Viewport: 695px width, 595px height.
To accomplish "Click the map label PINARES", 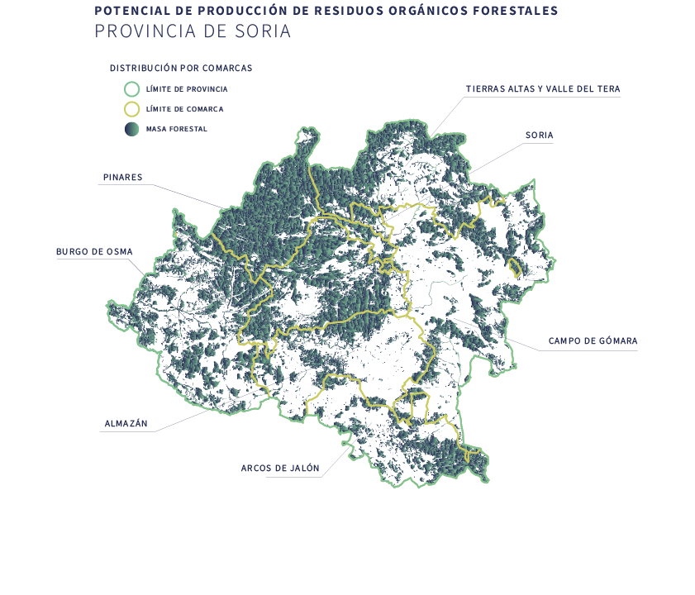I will (x=122, y=177).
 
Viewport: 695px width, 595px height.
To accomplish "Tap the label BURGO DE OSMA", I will (x=94, y=252).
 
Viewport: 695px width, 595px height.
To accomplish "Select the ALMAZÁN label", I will (x=126, y=424).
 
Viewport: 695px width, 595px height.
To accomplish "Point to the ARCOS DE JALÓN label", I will (x=280, y=468).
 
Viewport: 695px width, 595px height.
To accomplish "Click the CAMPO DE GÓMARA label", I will (x=593, y=340).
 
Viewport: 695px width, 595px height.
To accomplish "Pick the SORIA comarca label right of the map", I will (x=539, y=135).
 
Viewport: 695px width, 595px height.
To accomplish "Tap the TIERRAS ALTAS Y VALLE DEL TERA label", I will (x=542, y=88).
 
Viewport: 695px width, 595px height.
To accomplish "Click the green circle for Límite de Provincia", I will (x=131, y=88).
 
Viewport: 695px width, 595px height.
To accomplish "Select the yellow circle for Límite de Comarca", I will (x=131, y=109).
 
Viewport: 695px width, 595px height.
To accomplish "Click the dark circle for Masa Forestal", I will (x=131, y=129).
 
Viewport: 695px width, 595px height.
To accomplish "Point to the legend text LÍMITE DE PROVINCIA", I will (x=186, y=88).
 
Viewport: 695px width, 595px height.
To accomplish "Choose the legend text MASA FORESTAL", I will (x=176, y=130).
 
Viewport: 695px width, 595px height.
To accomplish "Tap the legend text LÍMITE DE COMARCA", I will (x=184, y=109).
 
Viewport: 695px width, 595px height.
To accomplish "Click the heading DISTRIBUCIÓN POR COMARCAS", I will (x=180, y=68).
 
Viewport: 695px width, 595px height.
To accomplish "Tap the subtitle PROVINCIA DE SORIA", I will (x=193, y=32).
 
